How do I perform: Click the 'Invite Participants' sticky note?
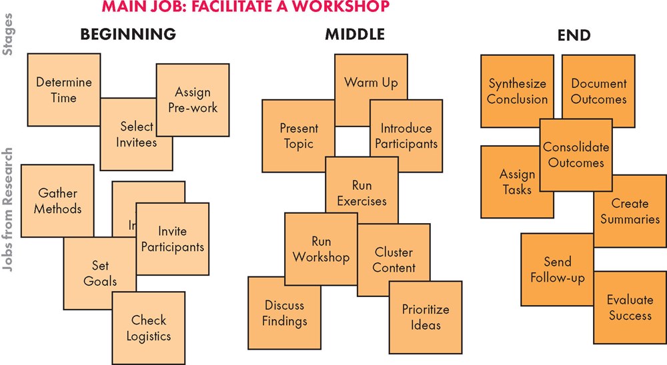173,239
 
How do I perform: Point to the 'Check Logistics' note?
149,328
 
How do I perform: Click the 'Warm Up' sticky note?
371,83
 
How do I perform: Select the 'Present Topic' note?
298,136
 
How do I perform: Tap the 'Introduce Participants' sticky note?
406,136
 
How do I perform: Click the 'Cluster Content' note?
394,260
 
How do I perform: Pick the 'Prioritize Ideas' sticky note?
426,317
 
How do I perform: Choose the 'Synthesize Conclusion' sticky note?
517,91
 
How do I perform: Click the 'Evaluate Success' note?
630,307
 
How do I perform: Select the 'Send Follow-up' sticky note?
557,269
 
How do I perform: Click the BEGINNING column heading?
128,35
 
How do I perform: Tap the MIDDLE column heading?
355,35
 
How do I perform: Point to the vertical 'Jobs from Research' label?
9,214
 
